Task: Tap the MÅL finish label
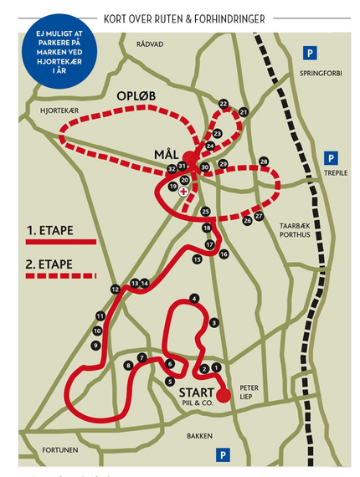coord(167,153)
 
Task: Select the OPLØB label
coord(136,97)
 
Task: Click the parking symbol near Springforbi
coord(310,54)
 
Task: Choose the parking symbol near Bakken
coord(223,454)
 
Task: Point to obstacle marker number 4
coord(194,298)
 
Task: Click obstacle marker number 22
coord(224,104)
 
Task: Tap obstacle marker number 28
coord(264,161)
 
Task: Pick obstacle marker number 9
coord(95,345)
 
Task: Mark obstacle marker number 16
coord(224,254)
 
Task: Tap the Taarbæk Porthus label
coord(294,228)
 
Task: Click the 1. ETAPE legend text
coord(49,228)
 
